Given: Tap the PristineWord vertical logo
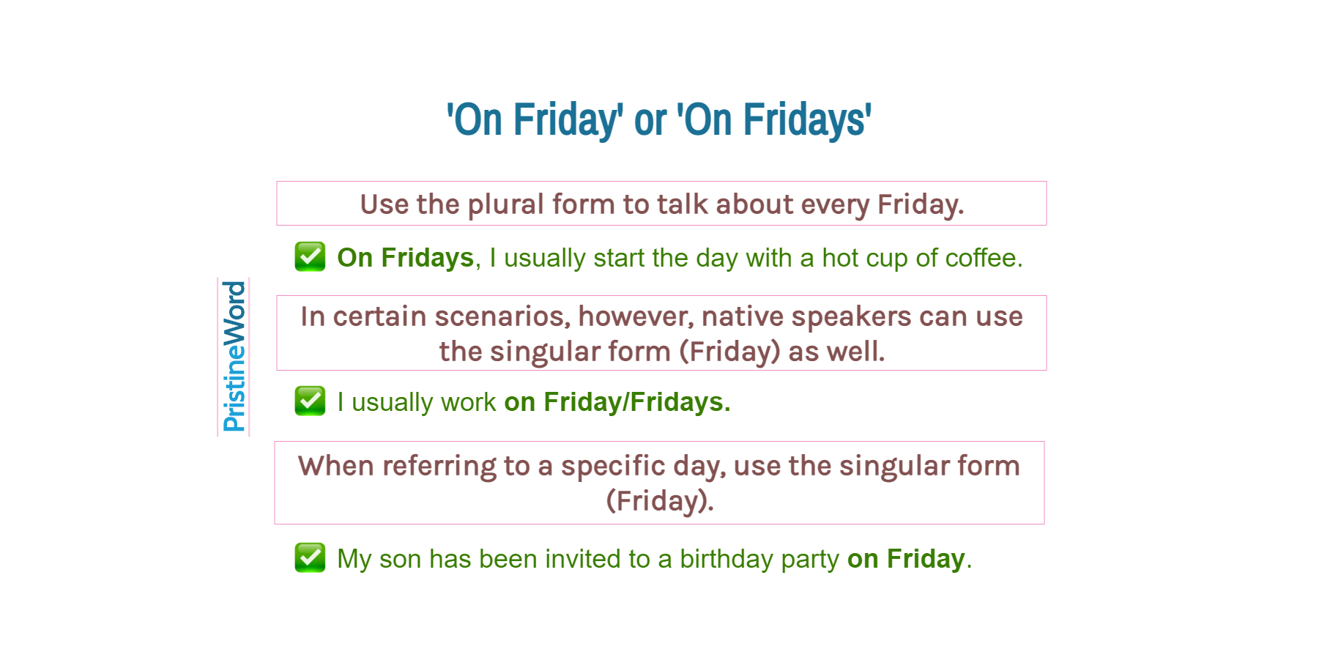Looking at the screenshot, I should pyautogui.click(x=234, y=357).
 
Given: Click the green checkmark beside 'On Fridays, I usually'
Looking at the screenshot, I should pyautogui.click(x=310, y=256).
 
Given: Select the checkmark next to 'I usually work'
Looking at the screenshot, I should pyautogui.click(x=310, y=401).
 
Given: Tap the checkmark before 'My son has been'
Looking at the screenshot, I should pyautogui.click(x=310, y=557).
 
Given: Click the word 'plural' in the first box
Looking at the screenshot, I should pyautogui.click(x=506, y=204).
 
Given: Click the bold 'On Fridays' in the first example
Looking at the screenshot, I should pyautogui.click(x=405, y=258).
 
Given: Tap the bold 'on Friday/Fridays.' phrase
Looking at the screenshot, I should pyautogui.click(x=617, y=402).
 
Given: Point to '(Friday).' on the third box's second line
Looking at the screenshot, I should pyautogui.click(x=659, y=501).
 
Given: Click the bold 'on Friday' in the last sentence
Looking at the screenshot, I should pyautogui.click(x=905, y=559).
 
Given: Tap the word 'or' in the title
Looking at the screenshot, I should pyautogui.click(x=650, y=119).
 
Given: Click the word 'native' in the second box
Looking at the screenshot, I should pyautogui.click(x=742, y=316).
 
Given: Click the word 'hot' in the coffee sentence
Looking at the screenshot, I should pyautogui.click(x=839, y=258).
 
